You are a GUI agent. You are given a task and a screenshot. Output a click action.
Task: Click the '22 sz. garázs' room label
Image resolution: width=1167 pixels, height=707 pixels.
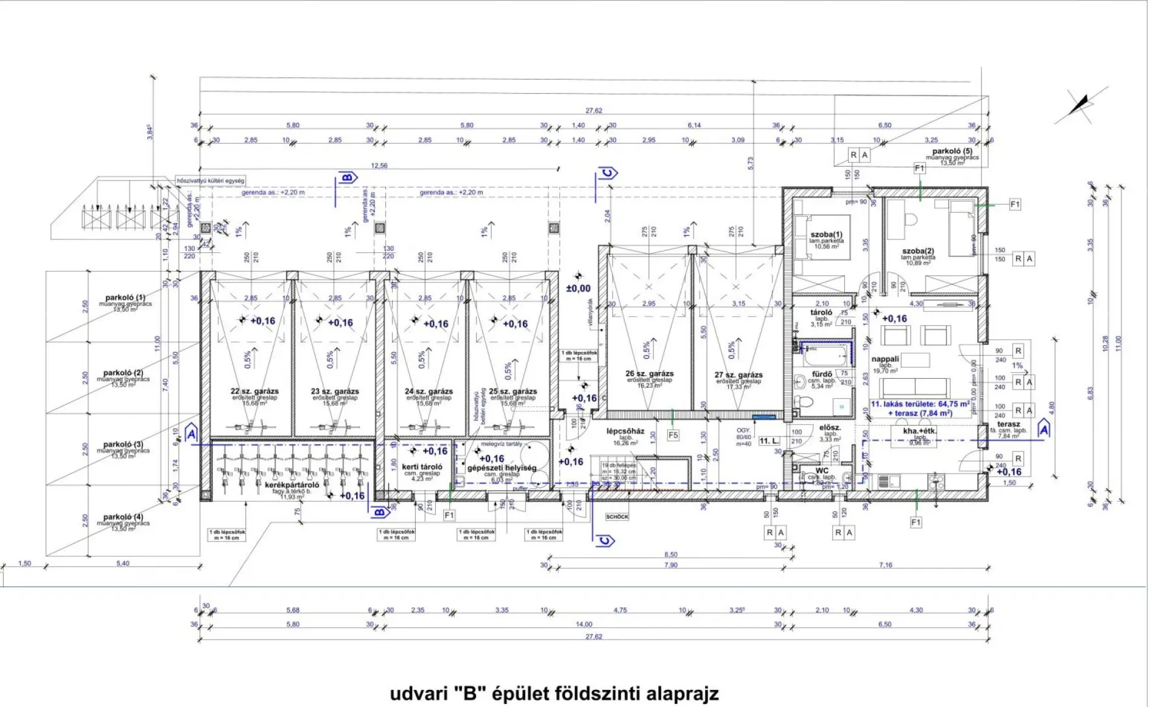(255, 391)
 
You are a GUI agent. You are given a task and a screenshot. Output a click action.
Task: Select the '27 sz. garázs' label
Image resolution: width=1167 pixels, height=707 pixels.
(738, 375)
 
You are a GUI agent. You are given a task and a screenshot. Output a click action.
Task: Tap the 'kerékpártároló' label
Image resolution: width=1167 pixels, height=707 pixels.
(292, 485)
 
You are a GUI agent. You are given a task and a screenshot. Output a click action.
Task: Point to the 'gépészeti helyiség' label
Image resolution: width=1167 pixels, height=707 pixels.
(501, 468)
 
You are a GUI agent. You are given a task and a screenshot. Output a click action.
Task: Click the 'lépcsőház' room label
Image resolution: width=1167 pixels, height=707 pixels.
(625, 432)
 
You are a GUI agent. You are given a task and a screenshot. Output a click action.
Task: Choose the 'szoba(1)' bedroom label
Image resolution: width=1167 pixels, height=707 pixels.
(827, 235)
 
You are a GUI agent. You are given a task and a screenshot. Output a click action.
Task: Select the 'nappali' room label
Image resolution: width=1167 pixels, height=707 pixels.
(885, 359)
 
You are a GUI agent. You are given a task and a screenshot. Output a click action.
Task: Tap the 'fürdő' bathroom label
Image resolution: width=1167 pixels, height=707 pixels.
(822, 374)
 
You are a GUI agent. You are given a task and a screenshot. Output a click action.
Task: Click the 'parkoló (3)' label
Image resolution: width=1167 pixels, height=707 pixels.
(123, 445)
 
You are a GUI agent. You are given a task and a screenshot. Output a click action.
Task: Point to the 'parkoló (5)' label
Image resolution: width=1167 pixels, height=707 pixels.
(952, 151)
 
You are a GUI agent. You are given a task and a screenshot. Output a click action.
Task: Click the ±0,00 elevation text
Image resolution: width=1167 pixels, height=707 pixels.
(578, 289)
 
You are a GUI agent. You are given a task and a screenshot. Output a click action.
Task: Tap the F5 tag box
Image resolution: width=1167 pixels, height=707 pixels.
(673, 435)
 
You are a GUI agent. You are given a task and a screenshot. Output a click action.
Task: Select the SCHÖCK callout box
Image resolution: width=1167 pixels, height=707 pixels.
(617, 517)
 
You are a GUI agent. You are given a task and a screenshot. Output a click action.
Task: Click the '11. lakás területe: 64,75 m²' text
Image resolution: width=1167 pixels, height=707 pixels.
(920, 404)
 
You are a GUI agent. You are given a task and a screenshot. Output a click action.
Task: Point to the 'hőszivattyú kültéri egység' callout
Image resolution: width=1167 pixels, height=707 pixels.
(210, 181)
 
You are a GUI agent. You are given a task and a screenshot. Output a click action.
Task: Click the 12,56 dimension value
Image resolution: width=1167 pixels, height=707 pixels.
(379, 165)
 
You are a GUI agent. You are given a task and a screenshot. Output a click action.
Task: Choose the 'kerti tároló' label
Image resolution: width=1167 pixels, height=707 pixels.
(422, 467)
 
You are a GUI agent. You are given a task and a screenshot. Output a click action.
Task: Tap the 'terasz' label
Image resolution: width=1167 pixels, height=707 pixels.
(1008, 424)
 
